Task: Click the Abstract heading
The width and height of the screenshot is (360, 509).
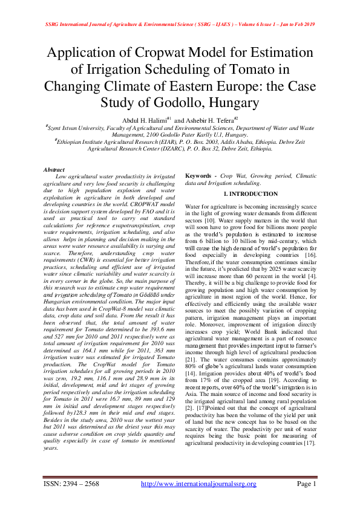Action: pos(54,170)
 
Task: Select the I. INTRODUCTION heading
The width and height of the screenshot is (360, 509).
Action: pos(251,194)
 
